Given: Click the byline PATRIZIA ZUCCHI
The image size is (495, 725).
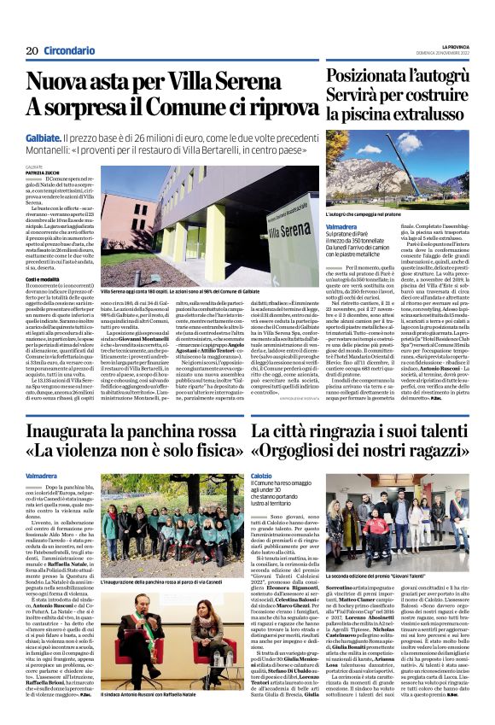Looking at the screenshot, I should (x=41, y=172).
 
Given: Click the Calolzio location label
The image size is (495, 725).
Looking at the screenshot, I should (x=263, y=477).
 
